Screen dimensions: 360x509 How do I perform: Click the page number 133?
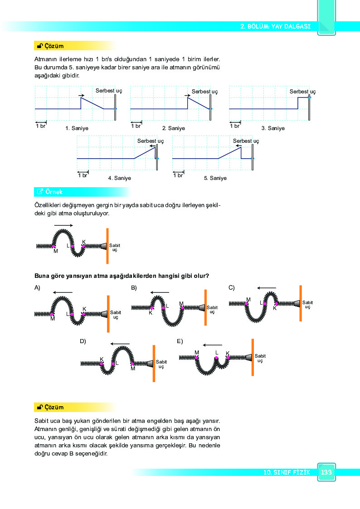[326, 472]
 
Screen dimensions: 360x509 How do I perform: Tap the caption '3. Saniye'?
[273, 128]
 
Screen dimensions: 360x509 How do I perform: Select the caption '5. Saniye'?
[215, 178]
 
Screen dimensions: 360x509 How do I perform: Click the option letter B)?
[134, 288]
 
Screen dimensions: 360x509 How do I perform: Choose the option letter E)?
[180, 341]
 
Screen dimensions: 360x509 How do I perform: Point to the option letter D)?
[83, 341]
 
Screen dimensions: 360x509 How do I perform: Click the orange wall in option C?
[301, 304]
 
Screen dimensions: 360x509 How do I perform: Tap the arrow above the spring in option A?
[63, 292]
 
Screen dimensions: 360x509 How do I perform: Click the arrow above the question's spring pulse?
[63, 225]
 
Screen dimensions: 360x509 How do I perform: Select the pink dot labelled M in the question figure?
[54, 247]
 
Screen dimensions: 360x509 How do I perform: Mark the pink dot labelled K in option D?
[102, 364]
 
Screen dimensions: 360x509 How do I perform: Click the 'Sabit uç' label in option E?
[260, 358]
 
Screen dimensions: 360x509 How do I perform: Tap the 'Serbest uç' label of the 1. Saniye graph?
[109, 91]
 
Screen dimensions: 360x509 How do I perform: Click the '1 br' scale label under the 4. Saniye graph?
[83, 175]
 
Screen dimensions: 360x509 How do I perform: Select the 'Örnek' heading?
[54, 192]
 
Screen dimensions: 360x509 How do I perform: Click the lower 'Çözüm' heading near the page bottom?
[54, 407]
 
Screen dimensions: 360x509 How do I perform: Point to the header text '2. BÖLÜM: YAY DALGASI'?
[275, 26]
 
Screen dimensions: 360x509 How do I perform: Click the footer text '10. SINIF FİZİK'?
[287, 472]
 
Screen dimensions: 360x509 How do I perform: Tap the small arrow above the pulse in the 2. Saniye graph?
[187, 96]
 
